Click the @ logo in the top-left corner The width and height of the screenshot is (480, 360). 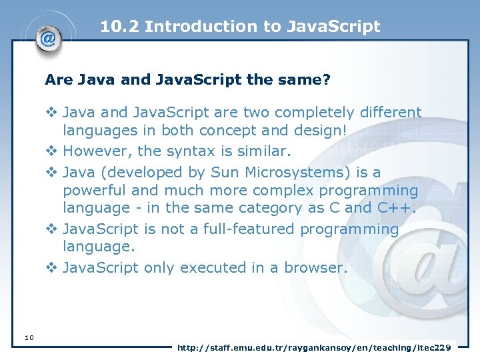pos(48,38)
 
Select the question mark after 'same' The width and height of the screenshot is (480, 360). pos(327,80)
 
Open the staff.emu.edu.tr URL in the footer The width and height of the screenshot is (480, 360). pos(314,347)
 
